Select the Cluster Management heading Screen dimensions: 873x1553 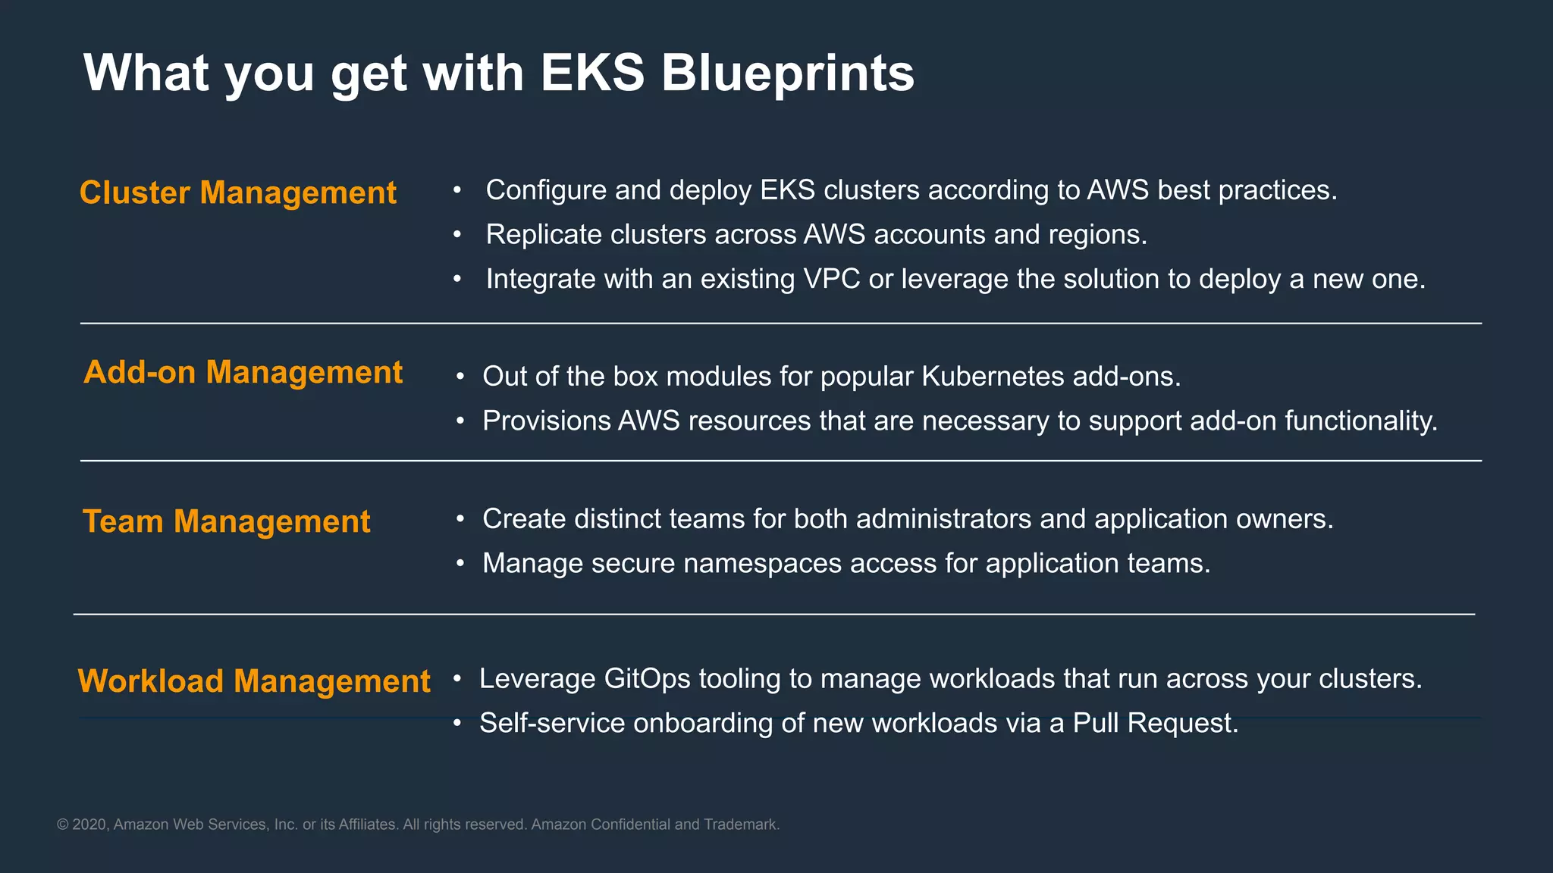click(x=238, y=192)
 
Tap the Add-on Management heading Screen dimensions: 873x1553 click(x=243, y=372)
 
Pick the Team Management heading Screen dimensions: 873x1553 click(x=226, y=521)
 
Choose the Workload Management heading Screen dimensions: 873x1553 click(x=254, y=681)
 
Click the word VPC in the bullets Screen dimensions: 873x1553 click(x=831, y=279)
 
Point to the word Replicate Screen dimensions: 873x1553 click(x=544, y=235)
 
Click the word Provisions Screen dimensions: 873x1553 click(x=547, y=421)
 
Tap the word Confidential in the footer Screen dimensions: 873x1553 click(x=630, y=824)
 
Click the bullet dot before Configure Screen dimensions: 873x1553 click(x=457, y=190)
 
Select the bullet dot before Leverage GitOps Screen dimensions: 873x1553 click(x=457, y=679)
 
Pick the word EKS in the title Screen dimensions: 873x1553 click(x=592, y=74)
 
